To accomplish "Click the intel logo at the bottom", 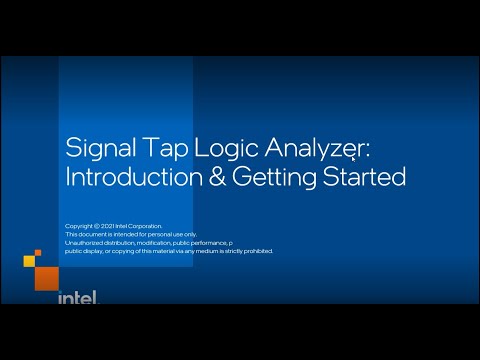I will click(x=77, y=297).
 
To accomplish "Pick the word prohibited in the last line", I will click(x=254, y=251).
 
